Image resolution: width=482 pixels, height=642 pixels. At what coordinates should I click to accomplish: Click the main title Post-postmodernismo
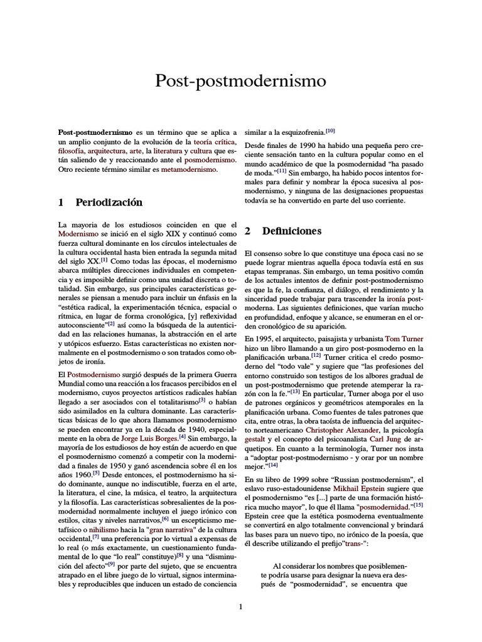click(x=240, y=82)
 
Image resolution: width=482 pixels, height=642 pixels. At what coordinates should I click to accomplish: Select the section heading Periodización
click(x=109, y=202)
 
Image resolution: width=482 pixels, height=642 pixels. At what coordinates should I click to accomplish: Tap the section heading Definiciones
click(x=292, y=231)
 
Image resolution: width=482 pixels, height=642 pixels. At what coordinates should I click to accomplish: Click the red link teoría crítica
click(x=212, y=142)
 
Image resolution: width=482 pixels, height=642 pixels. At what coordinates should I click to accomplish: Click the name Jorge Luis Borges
click(x=146, y=437)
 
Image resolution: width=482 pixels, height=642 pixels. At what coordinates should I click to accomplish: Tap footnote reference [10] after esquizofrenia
click(x=330, y=131)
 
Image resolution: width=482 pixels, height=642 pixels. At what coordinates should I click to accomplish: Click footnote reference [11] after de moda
click(x=282, y=171)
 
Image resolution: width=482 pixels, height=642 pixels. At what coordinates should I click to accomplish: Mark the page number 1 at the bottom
click(x=240, y=606)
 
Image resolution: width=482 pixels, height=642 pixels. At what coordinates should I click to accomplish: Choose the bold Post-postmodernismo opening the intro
click(x=95, y=133)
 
